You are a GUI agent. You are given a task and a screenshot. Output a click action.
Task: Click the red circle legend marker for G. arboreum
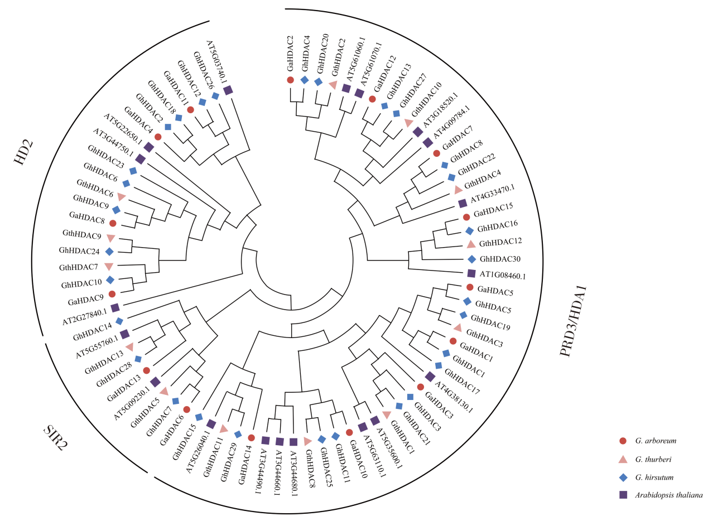point(623,441)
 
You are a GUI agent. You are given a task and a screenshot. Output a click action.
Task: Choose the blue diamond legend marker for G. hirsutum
point(623,477)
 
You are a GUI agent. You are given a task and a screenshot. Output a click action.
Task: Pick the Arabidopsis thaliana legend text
point(668,495)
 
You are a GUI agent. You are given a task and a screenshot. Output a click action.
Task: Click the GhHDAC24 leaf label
point(80,251)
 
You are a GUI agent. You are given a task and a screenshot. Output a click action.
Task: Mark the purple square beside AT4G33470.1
point(462,204)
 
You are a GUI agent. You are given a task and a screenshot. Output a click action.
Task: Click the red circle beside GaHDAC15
point(466,218)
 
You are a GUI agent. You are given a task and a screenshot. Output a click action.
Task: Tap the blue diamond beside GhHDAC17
point(439,365)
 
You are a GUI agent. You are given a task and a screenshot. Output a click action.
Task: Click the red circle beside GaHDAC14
point(251,438)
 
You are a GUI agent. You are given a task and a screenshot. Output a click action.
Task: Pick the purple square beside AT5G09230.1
point(155,382)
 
